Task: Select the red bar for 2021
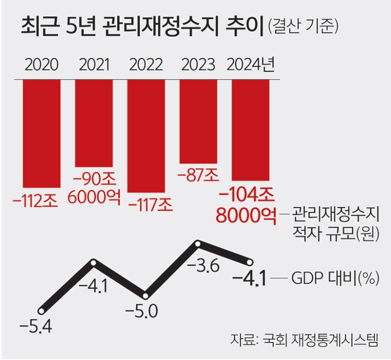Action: (x=94, y=123)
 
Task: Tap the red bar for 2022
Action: (x=146, y=135)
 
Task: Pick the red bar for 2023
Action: (x=199, y=121)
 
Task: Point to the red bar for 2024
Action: (x=250, y=129)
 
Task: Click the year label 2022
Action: (x=146, y=65)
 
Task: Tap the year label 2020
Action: (x=42, y=65)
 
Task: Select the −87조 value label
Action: (x=198, y=175)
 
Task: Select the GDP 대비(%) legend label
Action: (x=334, y=278)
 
